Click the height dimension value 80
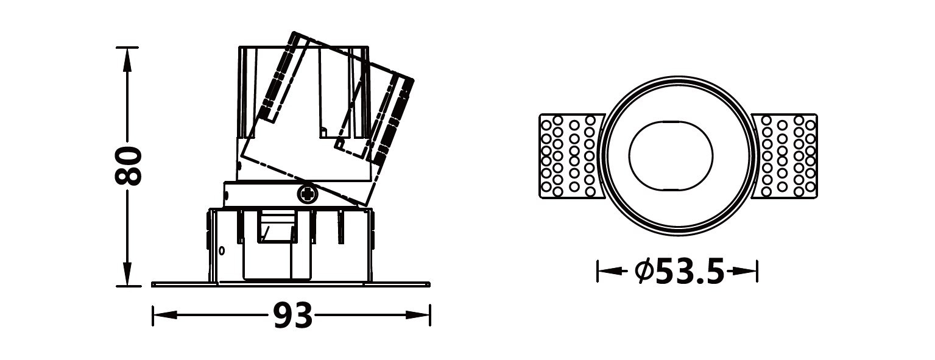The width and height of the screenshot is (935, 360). click(128, 165)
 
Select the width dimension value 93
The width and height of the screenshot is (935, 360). click(292, 316)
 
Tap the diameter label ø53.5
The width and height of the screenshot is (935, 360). click(680, 272)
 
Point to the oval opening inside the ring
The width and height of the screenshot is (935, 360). click(671, 156)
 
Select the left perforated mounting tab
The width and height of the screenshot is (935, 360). click(572, 156)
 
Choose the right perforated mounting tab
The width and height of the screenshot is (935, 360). click(784, 156)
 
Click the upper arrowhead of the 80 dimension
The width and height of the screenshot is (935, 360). click(127, 59)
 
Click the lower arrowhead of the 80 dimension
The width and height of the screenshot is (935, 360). click(127, 274)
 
